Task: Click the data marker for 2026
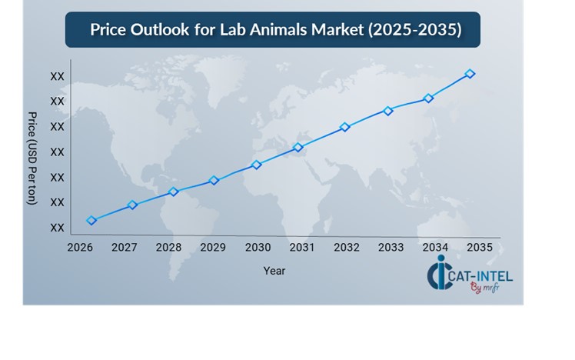[x=92, y=221]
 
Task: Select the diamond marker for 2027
[x=132, y=205]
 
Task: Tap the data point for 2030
[x=257, y=165]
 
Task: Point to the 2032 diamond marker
[x=345, y=127]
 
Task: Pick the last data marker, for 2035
[x=470, y=74]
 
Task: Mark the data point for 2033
[x=388, y=111]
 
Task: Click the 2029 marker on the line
[x=214, y=181]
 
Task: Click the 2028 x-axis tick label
[x=168, y=248]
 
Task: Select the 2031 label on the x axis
[x=301, y=248]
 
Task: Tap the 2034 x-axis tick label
[x=435, y=248]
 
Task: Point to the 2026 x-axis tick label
[x=80, y=248]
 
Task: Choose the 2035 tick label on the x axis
[x=479, y=248]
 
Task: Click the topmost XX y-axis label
[x=57, y=77]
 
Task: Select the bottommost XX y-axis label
[x=57, y=228]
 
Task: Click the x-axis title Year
[x=274, y=271]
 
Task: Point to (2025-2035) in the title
[x=414, y=31]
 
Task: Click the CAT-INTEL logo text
[x=480, y=275]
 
